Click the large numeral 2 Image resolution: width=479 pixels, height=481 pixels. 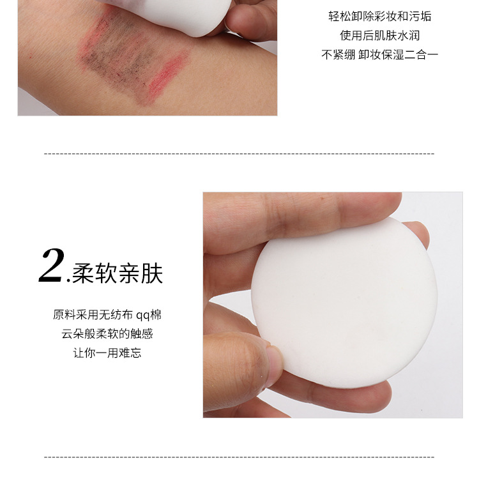click(52, 266)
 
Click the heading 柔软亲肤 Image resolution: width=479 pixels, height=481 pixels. click(117, 273)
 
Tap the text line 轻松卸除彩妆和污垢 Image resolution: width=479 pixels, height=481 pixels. click(379, 17)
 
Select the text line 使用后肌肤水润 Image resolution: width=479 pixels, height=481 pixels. click(379, 36)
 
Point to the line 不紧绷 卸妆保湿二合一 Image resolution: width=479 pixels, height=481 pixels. click(379, 54)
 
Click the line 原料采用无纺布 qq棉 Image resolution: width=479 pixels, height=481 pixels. click(107, 315)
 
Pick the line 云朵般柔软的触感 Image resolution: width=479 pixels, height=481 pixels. click(107, 333)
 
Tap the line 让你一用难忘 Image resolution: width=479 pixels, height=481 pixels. click(107, 353)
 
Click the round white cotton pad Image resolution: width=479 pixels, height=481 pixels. click(344, 303)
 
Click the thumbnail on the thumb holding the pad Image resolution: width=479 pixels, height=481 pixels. click(274, 365)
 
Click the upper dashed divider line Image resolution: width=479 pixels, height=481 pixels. click(240, 153)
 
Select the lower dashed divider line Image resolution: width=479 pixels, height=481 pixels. click(240, 457)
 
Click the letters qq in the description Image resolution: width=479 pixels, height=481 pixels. click(143, 316)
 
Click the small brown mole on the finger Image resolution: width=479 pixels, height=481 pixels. click(322, 199)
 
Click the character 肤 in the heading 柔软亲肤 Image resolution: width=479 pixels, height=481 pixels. click(151, 273)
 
